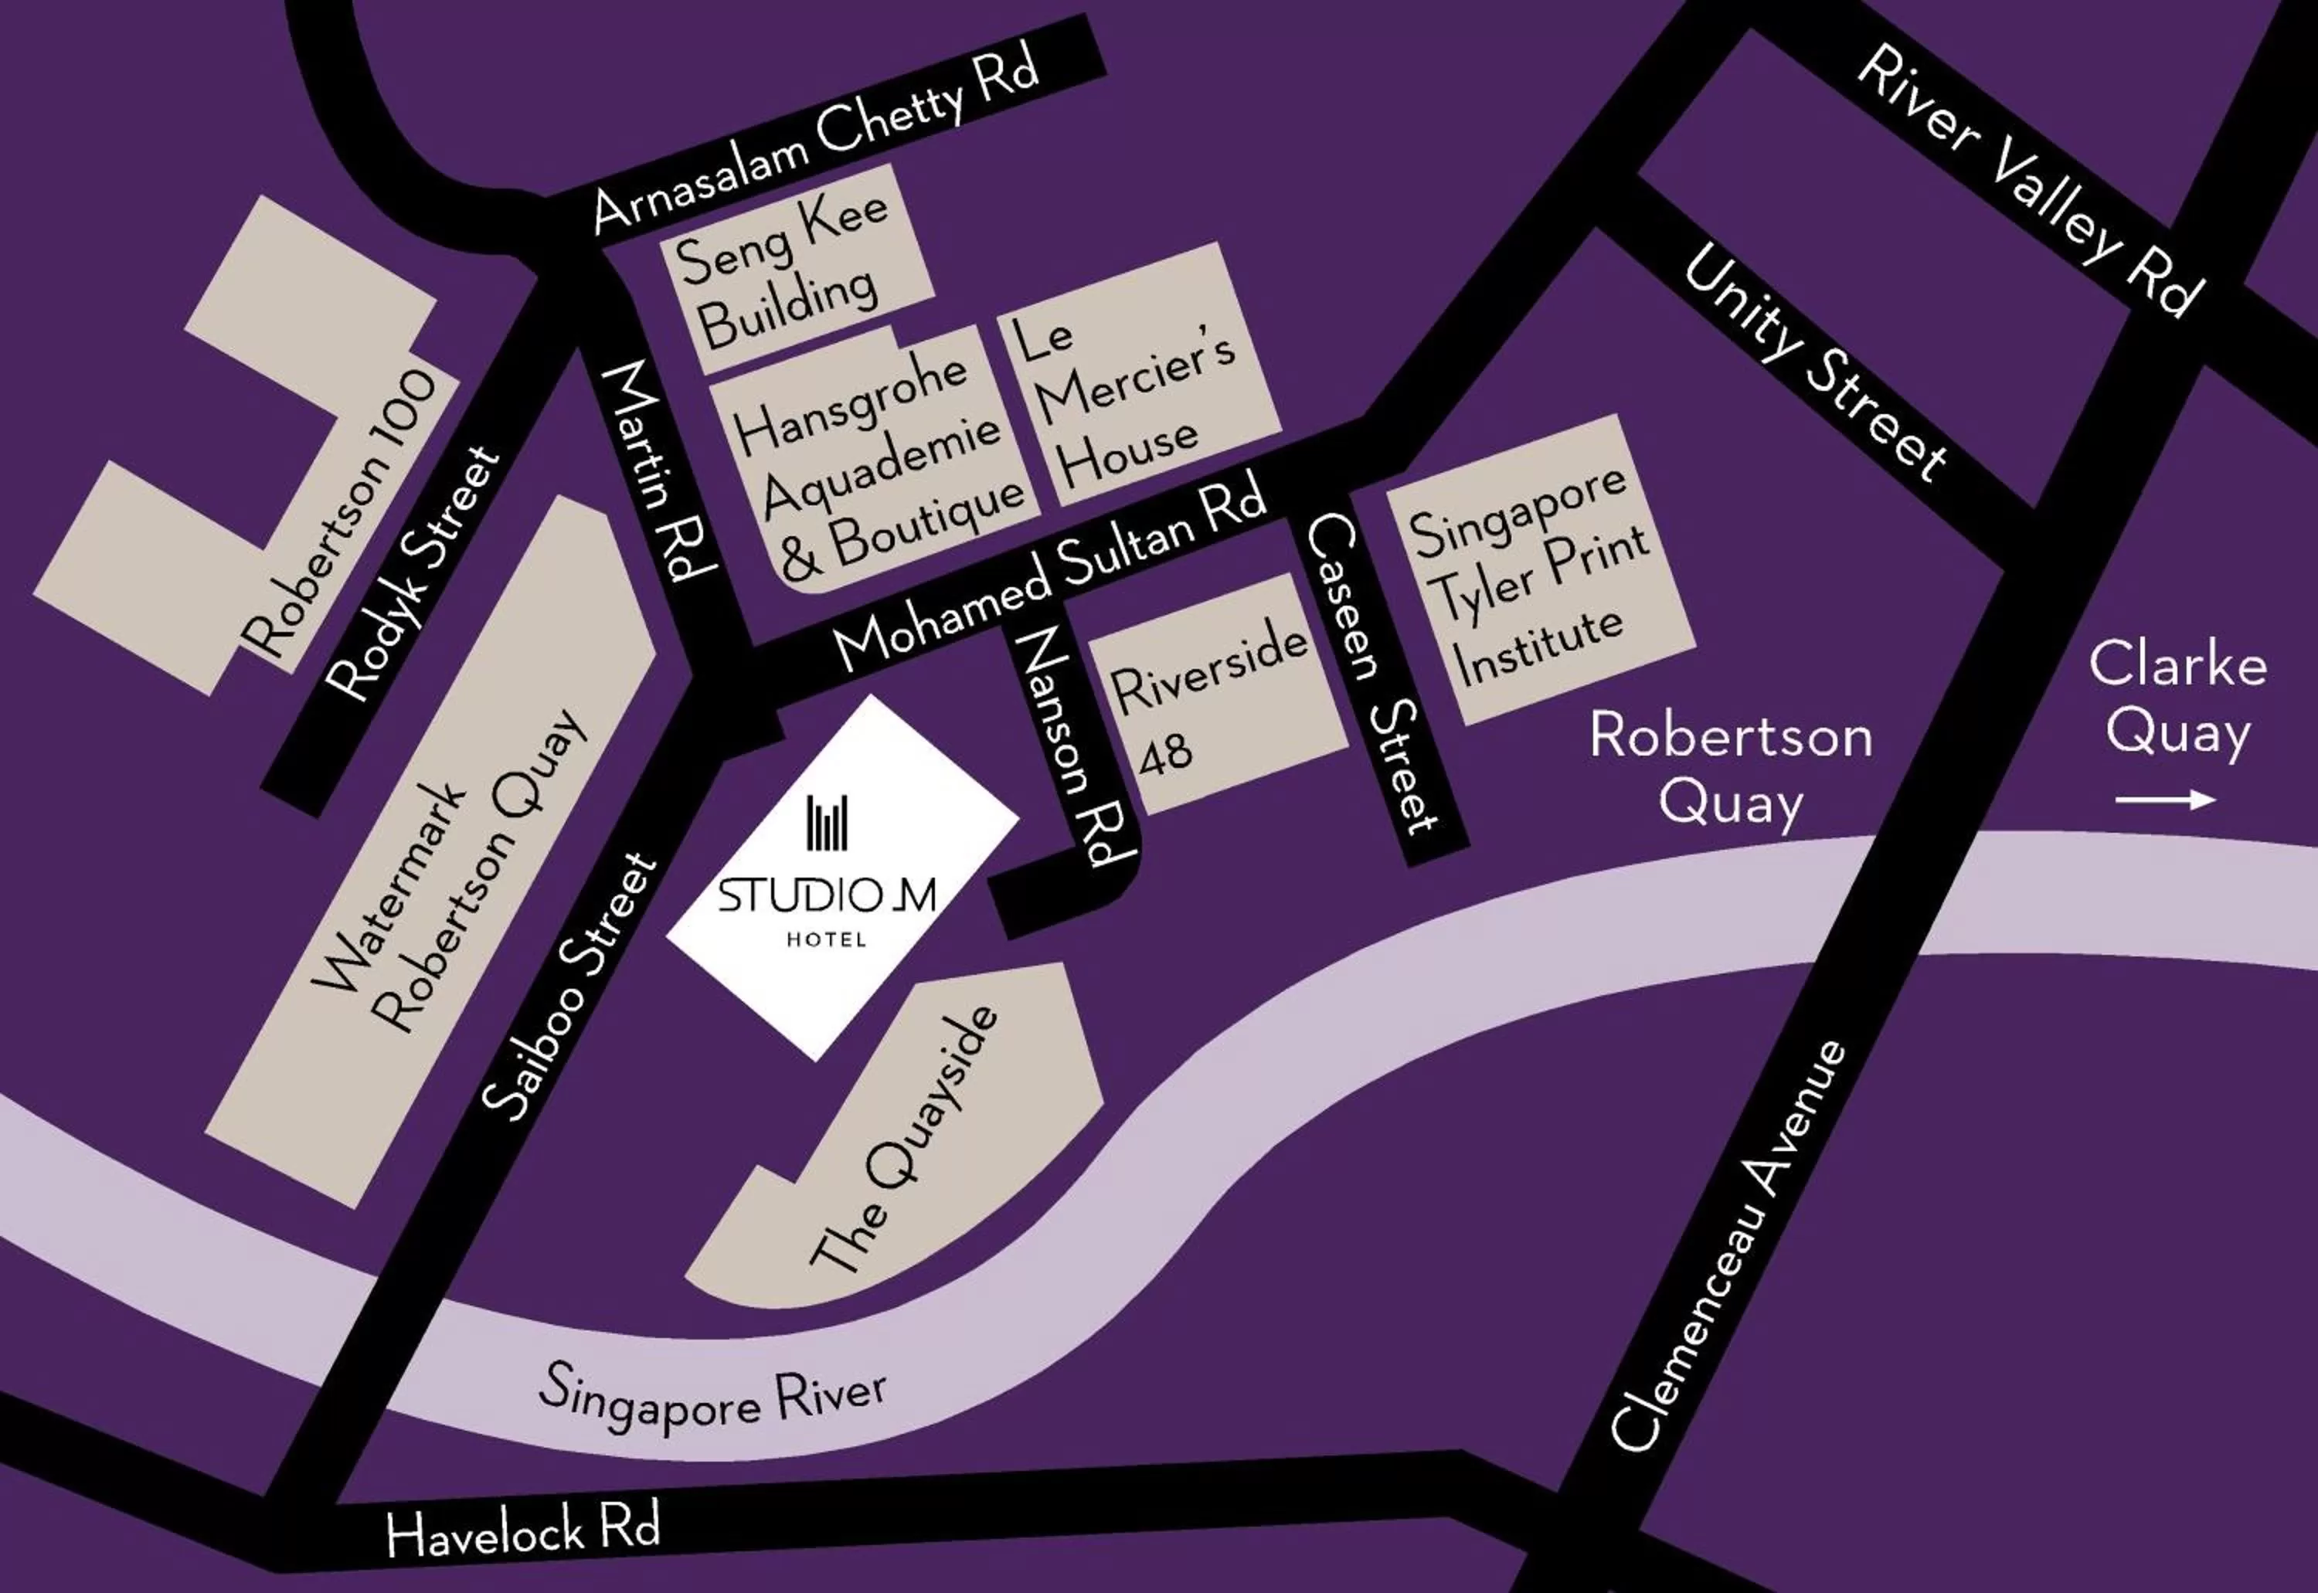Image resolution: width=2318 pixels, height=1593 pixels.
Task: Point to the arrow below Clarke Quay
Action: tap(2164, 800)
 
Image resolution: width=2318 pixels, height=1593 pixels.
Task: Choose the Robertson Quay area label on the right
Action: tap(1730, 769)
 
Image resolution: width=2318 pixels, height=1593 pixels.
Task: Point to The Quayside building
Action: tap(903, 1138)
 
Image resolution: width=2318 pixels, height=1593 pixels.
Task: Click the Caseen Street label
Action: tap(1372, 674)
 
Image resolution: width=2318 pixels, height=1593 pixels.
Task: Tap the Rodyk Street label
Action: tap(413, 573)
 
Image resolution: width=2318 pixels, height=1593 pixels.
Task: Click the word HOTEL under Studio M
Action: tap(827, 939)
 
